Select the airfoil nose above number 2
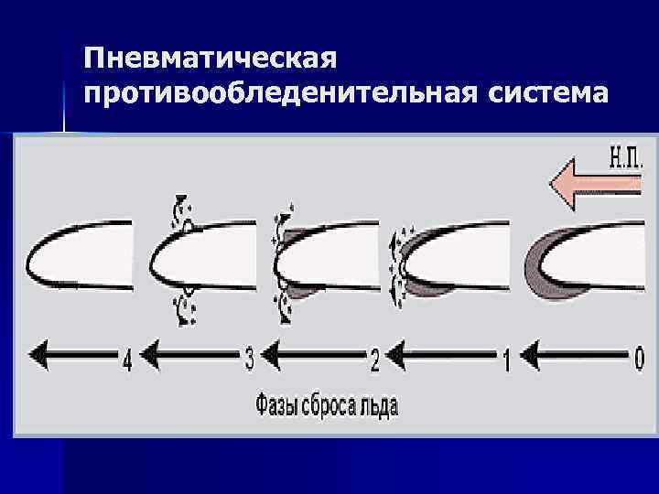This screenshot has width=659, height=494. point(284,260)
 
